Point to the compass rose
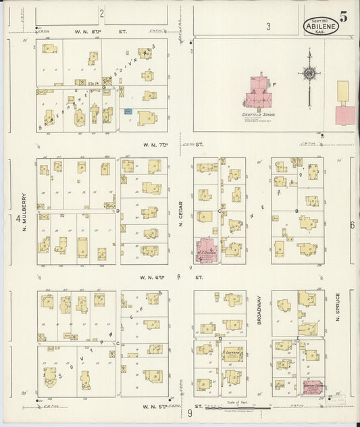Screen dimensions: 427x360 pos(309,74)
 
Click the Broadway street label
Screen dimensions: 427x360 pos(259,310)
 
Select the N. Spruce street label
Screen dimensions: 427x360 pos(337,307)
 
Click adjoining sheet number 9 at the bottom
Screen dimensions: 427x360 pos(190,413)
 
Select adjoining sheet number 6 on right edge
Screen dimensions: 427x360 pos(352,225)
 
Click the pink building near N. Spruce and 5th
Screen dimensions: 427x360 pos(312,388)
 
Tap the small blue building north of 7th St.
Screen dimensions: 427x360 pos(127,110)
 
